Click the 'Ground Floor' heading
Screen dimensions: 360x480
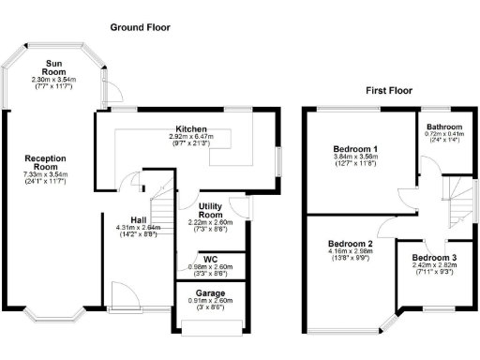[141, 28]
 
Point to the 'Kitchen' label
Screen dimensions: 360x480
[191, 128]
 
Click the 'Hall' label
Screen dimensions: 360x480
[138, 220]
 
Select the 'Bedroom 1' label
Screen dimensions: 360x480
[355, 150]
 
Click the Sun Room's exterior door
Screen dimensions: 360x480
[112, 90]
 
